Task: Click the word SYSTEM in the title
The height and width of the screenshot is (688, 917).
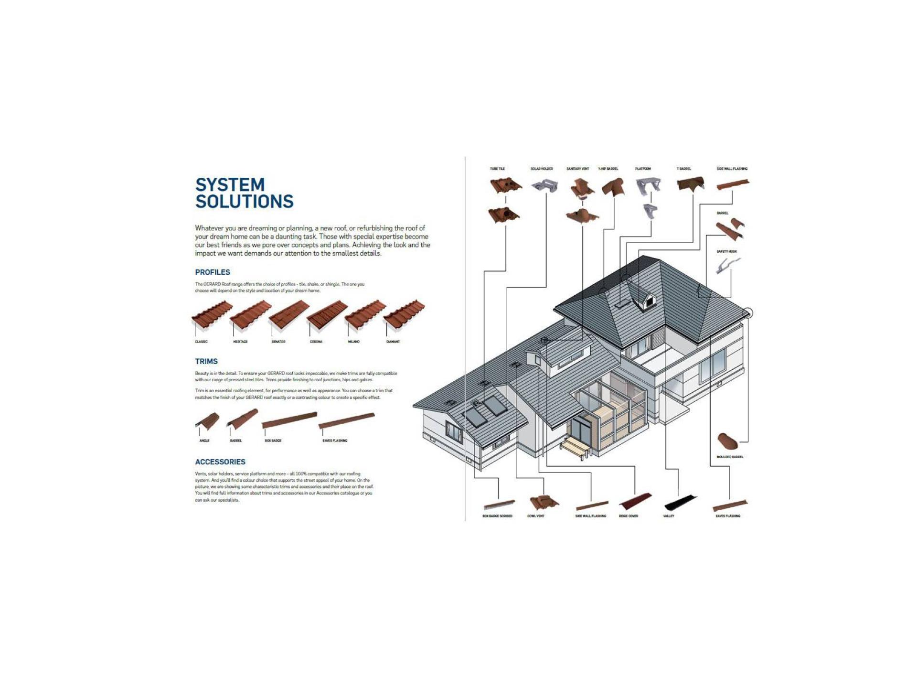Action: point(230,184)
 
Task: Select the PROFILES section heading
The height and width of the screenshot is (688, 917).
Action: point(213,272)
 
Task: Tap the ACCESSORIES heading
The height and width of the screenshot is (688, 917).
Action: point(220,462)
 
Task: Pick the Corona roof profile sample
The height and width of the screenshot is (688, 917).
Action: point(327,313)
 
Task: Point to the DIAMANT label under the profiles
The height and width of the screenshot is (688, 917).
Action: point(393,342)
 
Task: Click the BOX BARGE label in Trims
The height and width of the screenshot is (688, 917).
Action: point(273,441)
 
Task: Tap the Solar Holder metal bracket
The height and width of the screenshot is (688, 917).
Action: point(544,185)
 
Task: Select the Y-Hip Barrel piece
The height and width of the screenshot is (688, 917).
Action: point(613,186)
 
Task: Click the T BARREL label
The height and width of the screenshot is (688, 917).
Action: point(684,169)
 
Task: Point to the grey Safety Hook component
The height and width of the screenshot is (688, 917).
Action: point(727,265)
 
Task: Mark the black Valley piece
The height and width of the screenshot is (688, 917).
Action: point(680,503)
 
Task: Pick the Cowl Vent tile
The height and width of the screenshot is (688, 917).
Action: point(544,502)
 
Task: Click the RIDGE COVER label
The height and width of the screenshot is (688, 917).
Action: point(628,516)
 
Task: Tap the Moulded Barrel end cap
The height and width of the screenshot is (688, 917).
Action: point(727,441)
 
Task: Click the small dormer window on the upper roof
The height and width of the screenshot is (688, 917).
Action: point(648,301)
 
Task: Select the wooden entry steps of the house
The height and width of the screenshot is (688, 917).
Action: point(574,447)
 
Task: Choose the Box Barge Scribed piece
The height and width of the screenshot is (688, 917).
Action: point(499,505)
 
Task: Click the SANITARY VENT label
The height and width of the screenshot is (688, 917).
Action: point(577,169)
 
